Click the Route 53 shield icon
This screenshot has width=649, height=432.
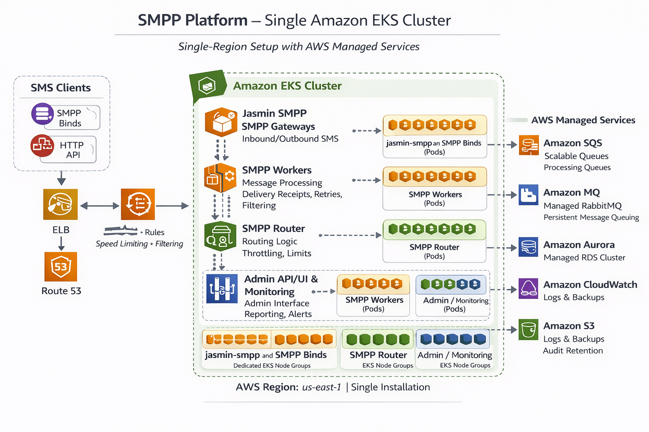coord(61,267)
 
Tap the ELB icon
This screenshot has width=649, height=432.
coord(60,204)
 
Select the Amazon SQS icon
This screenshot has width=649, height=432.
coord(529,145)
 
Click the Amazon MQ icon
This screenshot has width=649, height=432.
coord(529,194)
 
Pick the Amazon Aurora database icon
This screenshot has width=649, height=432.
coord(529,247)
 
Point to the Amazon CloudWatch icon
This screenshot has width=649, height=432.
coord(529,289)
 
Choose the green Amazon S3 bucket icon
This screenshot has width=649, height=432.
coord(529,329)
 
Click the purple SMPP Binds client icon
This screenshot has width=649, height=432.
coord(42,114)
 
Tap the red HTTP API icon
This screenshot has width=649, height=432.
coord(42,146)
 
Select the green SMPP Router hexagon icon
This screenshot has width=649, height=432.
coord(220,237)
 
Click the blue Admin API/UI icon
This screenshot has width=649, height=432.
coord(222,289)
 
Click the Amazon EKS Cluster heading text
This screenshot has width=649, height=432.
coord(287,86)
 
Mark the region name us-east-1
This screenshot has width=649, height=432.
coord(322,387)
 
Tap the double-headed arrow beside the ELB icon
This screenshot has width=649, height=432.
coord(100,206)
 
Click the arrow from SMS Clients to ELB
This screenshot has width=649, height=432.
coord(61,178)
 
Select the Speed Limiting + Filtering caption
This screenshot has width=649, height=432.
coord(139,244)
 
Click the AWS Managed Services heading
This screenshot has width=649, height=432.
coord(583,120)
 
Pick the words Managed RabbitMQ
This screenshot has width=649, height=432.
coord(583,206)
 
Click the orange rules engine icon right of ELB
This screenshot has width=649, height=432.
coord(138,204)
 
